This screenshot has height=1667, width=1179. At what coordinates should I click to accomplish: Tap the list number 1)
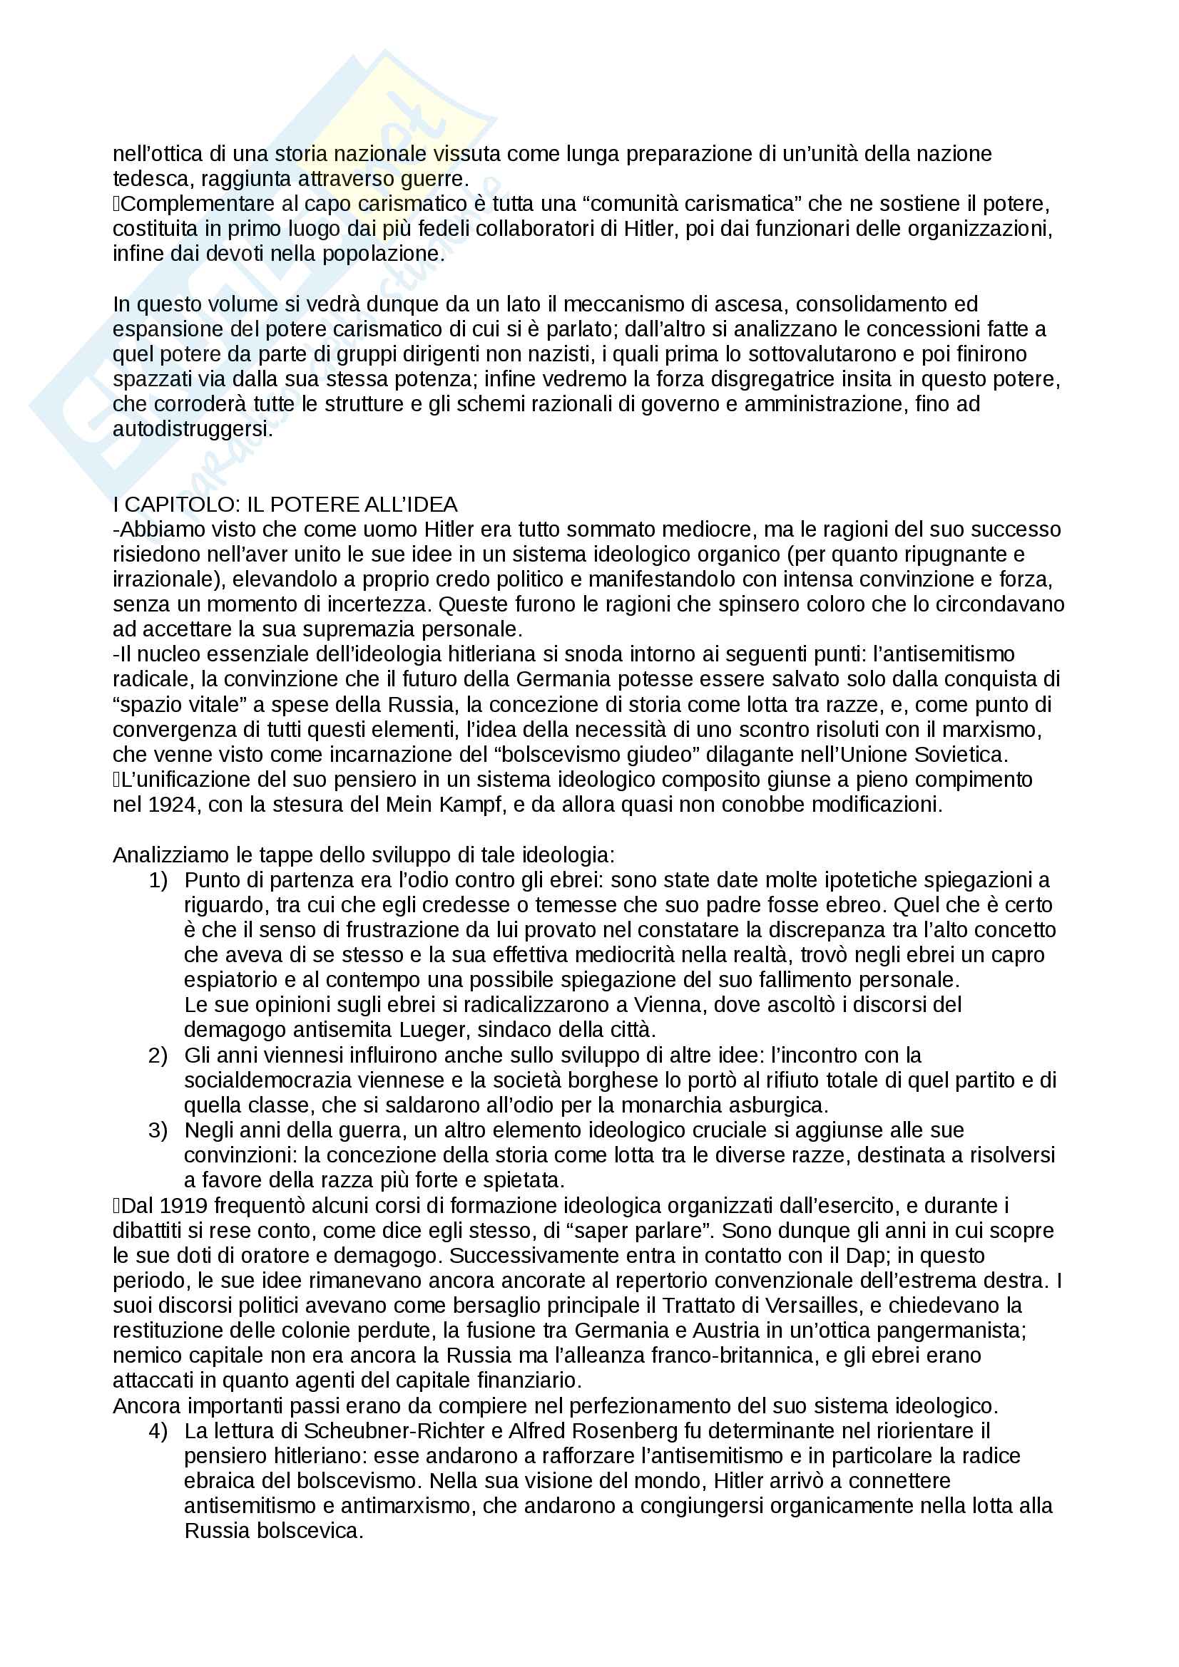[158, 880]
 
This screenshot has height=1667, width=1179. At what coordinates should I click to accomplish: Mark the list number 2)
[158, 1055]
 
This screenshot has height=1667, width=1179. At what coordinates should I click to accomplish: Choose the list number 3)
[158, 1130]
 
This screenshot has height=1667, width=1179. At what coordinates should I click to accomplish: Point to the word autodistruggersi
[193, 429]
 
